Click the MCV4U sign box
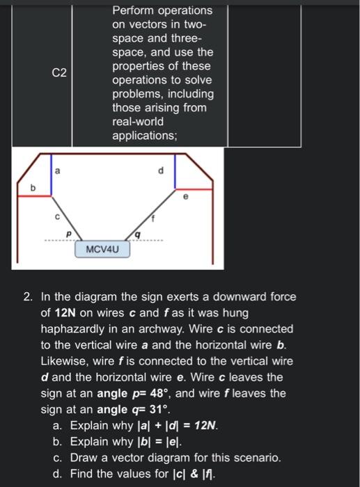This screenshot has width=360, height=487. point(107,249)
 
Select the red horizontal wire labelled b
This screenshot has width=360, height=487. point(31,196)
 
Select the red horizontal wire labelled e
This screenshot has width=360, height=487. point(195,188)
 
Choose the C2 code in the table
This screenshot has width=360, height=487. point(59,72)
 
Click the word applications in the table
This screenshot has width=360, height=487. point(144,136)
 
